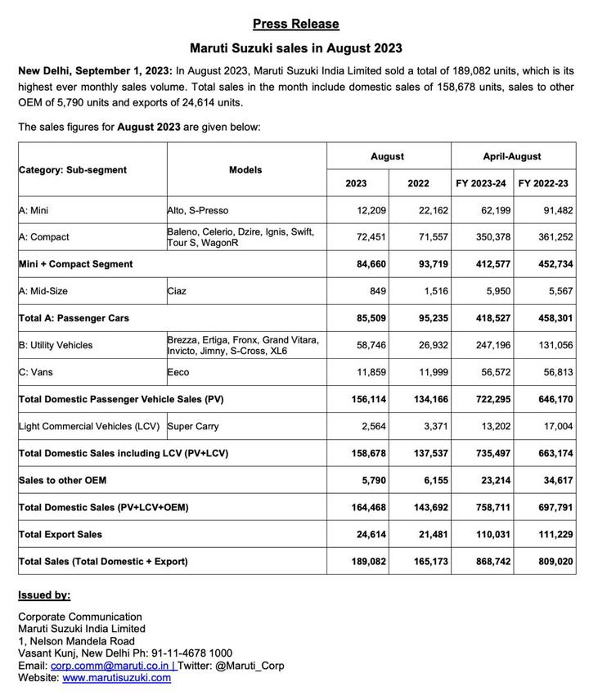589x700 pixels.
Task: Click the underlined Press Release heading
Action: tap(295, 24)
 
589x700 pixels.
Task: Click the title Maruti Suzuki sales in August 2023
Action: tap(295, 49)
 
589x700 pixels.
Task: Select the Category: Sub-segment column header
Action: tap(73, 170)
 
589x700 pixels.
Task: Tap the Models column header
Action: tap(245, 170)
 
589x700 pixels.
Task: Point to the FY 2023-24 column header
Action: tap(481, 183)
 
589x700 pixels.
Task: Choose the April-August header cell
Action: tap(511, 156)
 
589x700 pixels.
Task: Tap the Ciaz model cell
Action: tap(177, 291)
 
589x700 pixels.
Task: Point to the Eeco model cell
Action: tap(178, 372)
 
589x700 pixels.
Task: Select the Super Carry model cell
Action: tap(193, 426)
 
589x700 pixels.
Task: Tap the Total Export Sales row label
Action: tap(61, 534)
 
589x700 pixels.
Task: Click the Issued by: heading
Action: tap(44, 595)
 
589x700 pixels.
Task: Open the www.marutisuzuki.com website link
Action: tap(116, 678)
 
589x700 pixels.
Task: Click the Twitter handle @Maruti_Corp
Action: tap(250, 666)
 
